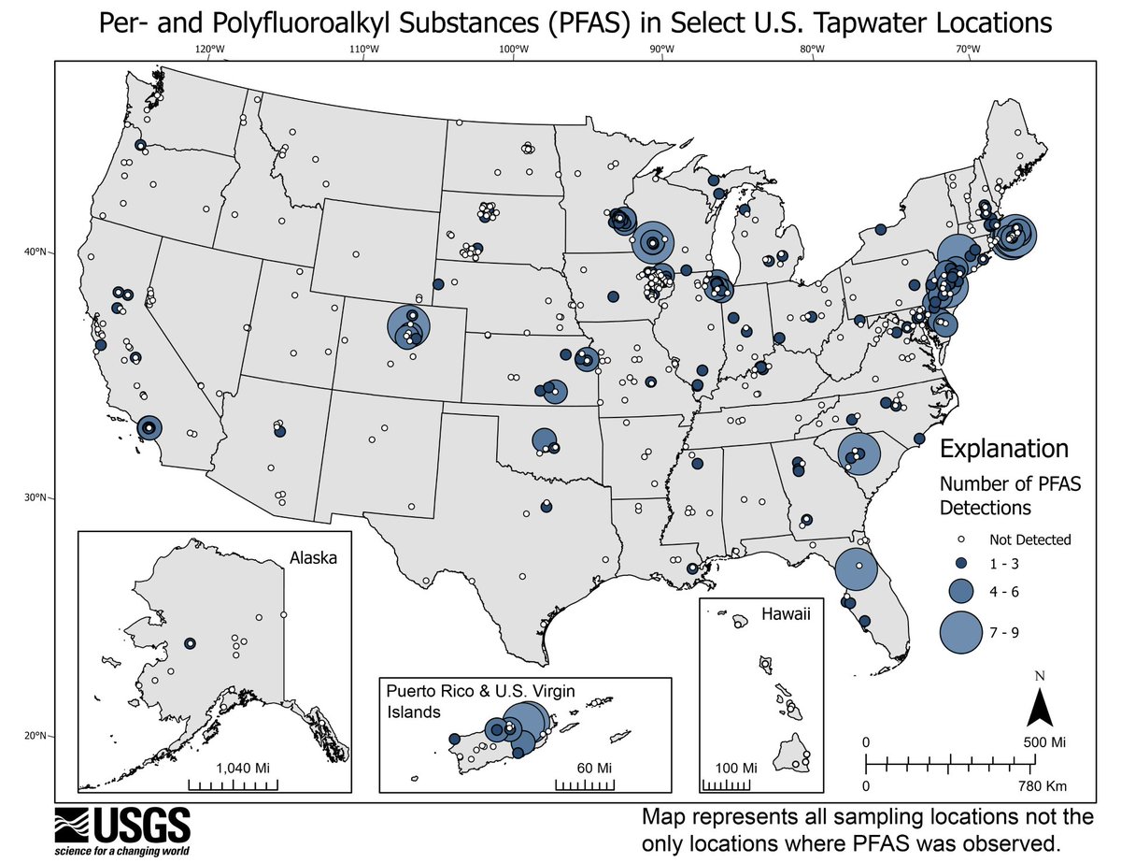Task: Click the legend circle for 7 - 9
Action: point(963,633)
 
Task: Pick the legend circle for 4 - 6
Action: point(963,589)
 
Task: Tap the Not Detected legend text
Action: point(1029,539)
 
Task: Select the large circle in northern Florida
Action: point(856,568)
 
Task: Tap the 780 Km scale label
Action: point(1043,786)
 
